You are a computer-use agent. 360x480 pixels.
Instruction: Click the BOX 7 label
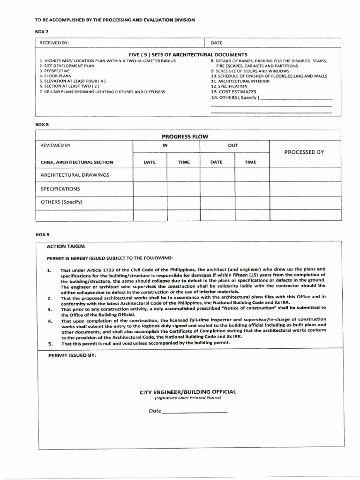pyautogui.click(x=42, y=30)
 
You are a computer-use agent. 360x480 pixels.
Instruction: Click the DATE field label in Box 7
pyautogui.click(x=217, y=43)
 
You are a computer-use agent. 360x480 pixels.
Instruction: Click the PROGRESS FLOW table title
pyautogui.click(x=185, y=136)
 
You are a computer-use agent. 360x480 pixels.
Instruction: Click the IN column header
pyautogui.click(x=165, y=145)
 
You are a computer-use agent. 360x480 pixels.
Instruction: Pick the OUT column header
pyautogui.click(x=233, y=145)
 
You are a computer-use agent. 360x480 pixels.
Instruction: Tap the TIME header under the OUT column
pyautogui.click(x=251, y=162)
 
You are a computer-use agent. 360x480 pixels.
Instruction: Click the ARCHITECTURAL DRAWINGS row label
pyautogui.click(x=75, y=175)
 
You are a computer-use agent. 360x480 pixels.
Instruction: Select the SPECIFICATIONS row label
pyautogui.click(x=60, y=189)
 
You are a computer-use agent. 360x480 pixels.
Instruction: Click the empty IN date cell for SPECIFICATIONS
pyautogui.click(x=150, y=189)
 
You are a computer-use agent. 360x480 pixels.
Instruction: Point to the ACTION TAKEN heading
pyautogui.click(x=66, y=246)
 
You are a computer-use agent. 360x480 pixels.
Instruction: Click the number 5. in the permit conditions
pyautogui.click(x=51, y=344)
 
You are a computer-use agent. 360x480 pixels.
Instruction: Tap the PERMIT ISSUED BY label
pyautogui.click(x=72, y=356)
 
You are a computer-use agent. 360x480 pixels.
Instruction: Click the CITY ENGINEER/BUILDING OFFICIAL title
pyautogui.click(x=187, y=391)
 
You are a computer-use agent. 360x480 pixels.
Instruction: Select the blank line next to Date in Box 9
pyautogui.click(x=195, y=411)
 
